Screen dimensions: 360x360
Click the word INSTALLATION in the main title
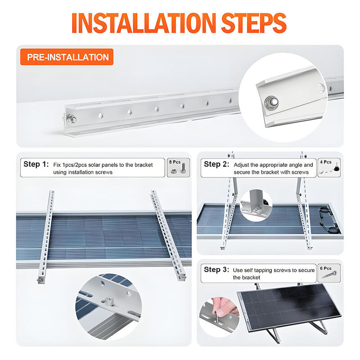144,23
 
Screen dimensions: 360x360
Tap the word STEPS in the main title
254,23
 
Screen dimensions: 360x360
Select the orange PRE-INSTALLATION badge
67,57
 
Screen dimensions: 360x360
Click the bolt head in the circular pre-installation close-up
271,102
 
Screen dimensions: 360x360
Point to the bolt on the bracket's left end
72,119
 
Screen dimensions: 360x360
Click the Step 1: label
36,164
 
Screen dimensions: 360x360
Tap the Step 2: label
216,164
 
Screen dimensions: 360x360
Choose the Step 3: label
216,269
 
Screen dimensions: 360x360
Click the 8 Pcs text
175,162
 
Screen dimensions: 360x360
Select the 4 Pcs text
326,162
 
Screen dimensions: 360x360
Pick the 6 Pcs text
326,268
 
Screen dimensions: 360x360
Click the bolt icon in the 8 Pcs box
183,168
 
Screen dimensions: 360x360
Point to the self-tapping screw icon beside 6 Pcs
329,274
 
